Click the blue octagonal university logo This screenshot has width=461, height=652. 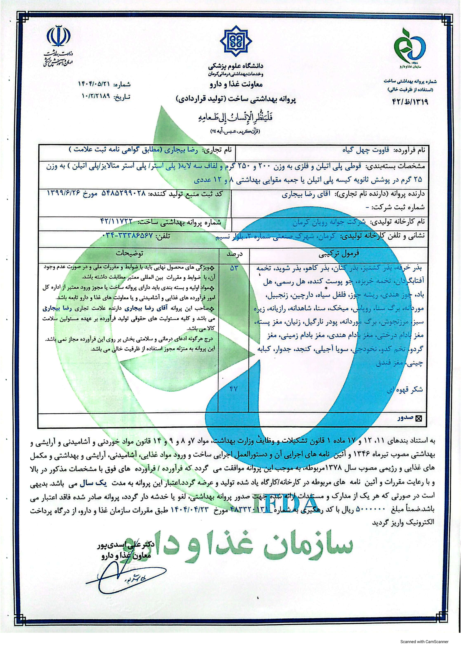coord(235,42)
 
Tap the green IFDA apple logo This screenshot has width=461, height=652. coord(410,45)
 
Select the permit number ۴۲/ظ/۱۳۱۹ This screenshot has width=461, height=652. coord(410,101)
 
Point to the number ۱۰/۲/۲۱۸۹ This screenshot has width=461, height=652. coord(95,96)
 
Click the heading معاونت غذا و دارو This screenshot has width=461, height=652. coord(235,84)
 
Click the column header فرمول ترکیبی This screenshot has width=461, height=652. coord(338,253)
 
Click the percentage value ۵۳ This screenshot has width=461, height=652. coord(233,268)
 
